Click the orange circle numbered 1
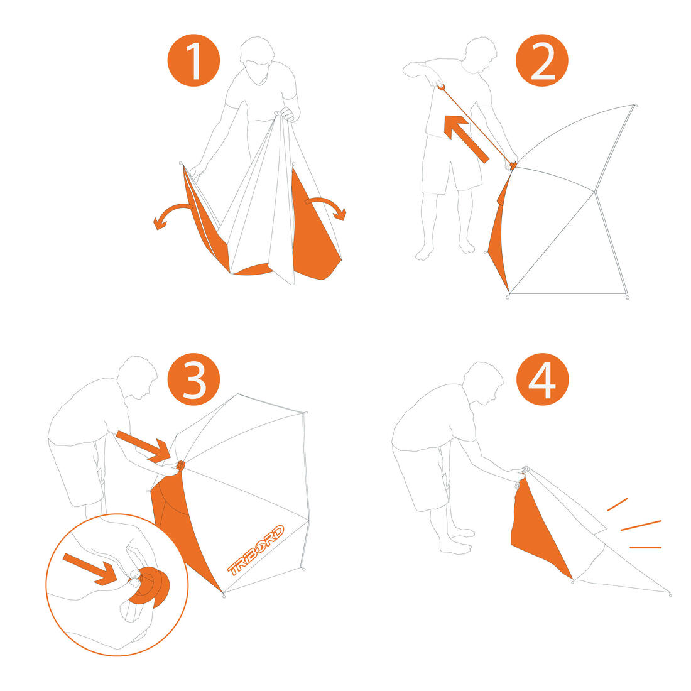click(193, 60)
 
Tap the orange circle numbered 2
click(542, 60)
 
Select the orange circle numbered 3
click(194, 379)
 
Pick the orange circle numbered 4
click(543, 379)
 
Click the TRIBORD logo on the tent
click(256, 550)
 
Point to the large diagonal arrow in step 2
click(466, 139)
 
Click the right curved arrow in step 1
click(326, 207)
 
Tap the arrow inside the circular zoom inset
click(90, 569)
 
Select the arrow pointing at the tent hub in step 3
click(143, 447)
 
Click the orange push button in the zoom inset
click(150, 589)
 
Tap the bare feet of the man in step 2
click(445, 250)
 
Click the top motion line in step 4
click(618, 504)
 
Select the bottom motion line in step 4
click(646, 547)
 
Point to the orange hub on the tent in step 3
click(180, 465)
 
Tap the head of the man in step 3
click(138, 378)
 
